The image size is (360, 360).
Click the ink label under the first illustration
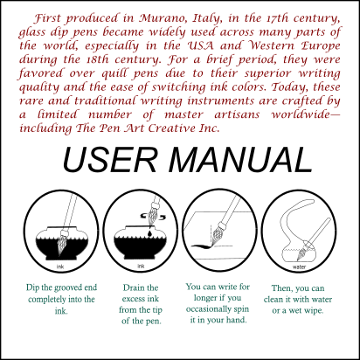[x=60, y=266]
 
